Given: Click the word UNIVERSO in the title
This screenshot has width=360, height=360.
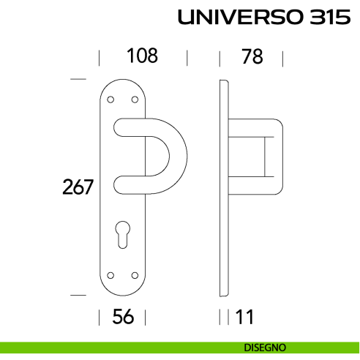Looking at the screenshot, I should point(234,18).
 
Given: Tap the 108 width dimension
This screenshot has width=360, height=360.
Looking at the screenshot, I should point(142,56).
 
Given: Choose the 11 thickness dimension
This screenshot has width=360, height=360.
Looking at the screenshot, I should point(244,317).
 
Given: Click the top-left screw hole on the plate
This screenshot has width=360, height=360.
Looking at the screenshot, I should point(110,100).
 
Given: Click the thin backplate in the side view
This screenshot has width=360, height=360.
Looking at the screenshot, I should point(224,187).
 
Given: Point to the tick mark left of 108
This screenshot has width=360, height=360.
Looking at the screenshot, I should point(99,58).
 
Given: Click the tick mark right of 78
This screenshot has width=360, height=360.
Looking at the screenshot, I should point(282,58).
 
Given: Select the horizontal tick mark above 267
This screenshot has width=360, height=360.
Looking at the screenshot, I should point(78,78).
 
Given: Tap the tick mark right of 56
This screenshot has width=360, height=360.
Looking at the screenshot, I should point(145,317).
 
